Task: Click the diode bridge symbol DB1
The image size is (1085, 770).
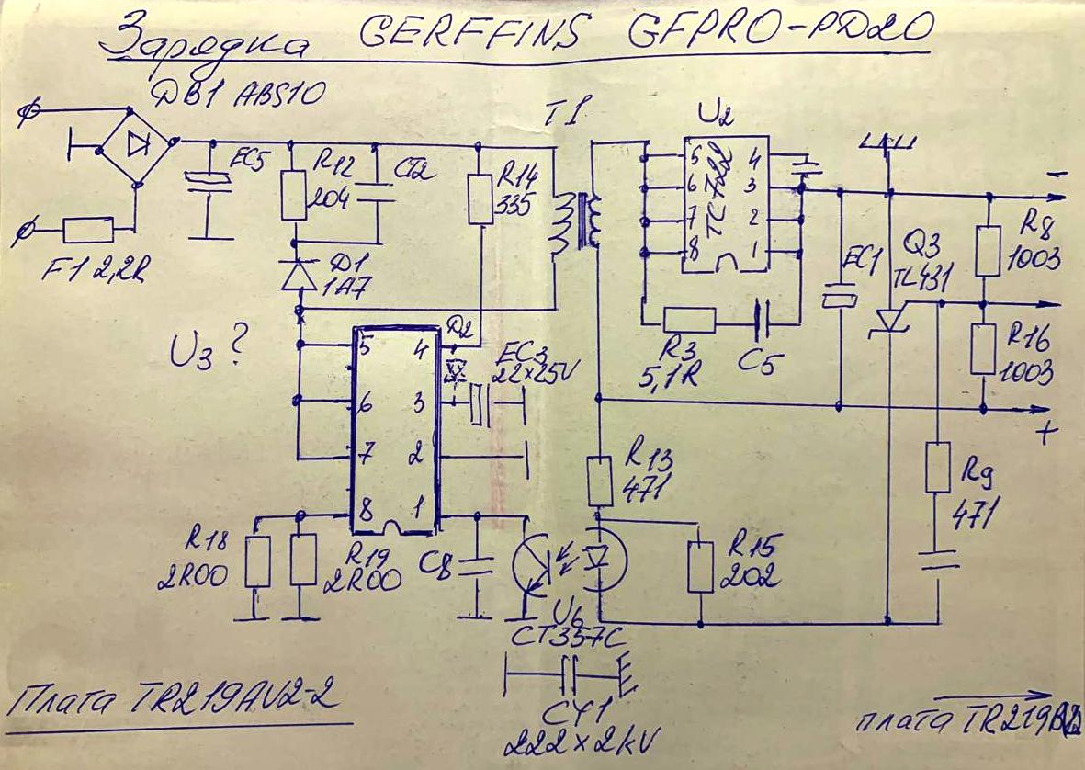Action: pyautogui.click(x=139, y=142)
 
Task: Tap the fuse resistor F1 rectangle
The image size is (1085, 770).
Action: pyautogui.click(x=89, y=230)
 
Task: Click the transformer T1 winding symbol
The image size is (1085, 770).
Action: pyautogui.click(x=575, y=222)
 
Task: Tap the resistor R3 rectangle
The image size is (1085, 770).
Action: pyautogui.click(x=688, y=319)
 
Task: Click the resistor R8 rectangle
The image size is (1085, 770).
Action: pyautogui.click(x=986, y=251)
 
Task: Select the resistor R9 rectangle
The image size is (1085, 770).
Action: pyautogui.click(x=937, y=467)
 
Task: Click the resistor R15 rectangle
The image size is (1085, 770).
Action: pyautogui.click(x=701, y=566)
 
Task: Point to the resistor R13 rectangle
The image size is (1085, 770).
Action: pyautogui.click(x=600, y=481)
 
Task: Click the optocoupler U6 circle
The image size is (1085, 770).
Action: pyautogui.click(x=569, y=563)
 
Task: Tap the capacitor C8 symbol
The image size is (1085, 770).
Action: pyautogui.click(x=477, y=563)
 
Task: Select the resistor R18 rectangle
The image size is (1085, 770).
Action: pyautogui.click(x=257, y=561)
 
